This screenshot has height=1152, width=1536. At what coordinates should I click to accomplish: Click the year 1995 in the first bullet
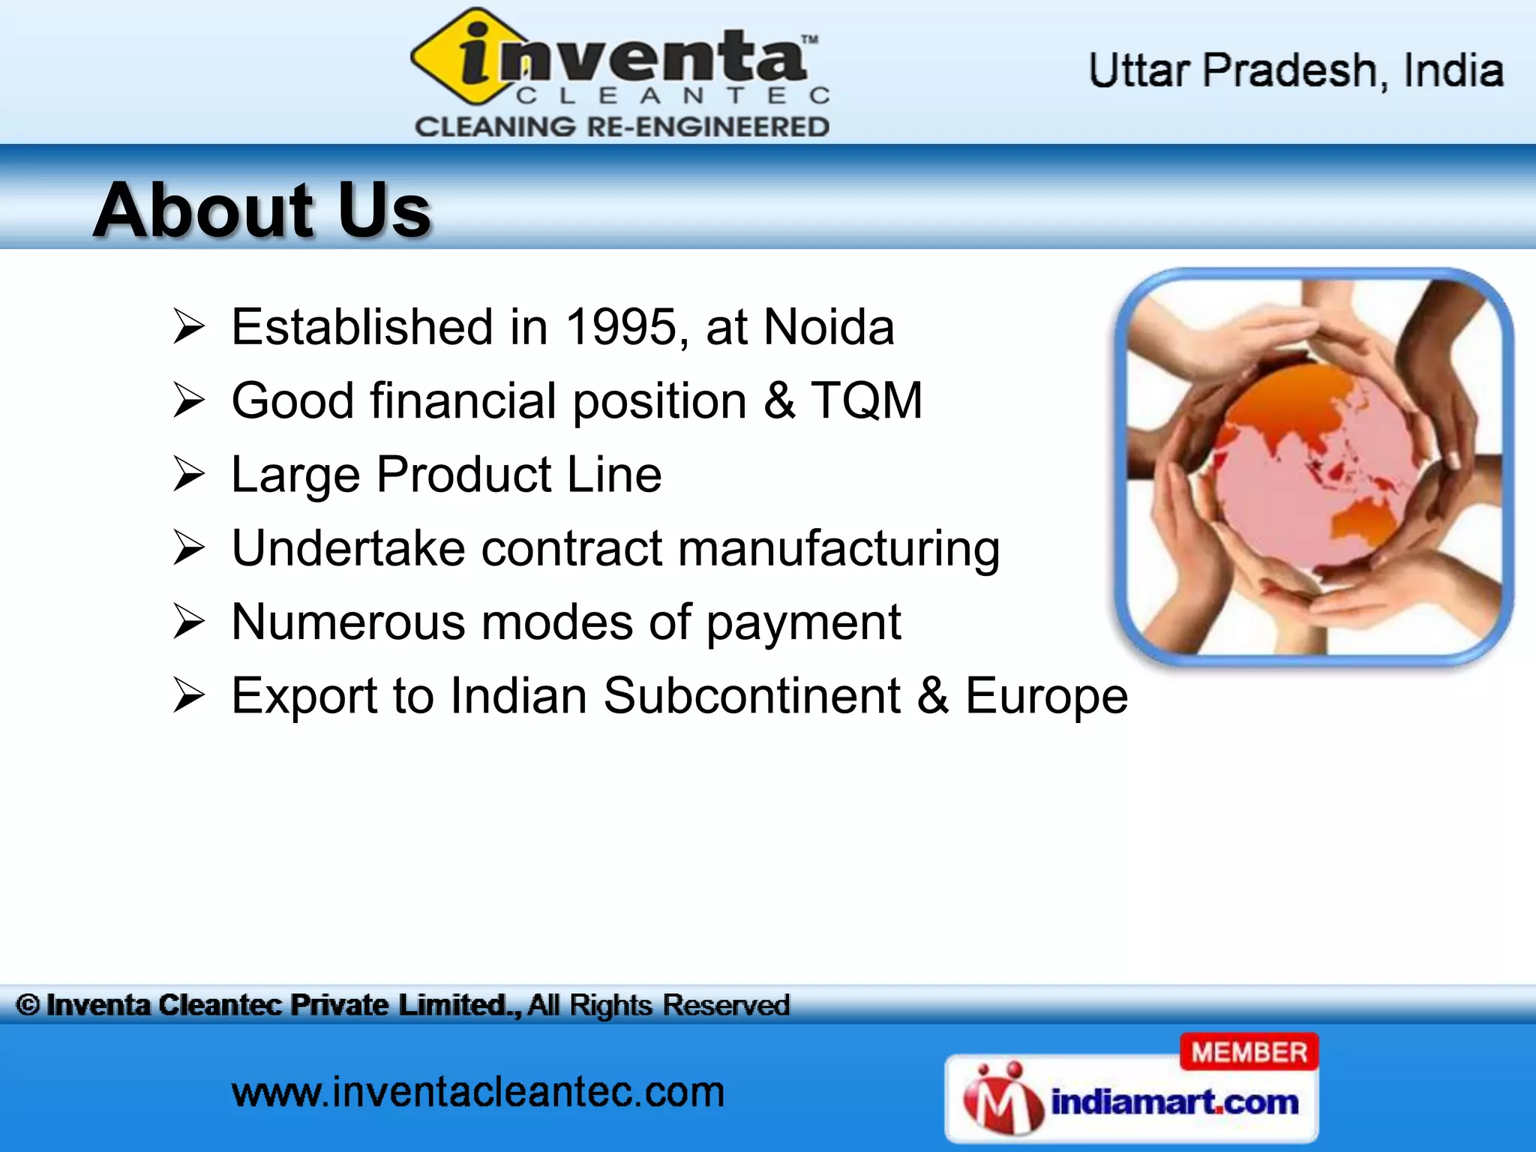click(x=621, y=327)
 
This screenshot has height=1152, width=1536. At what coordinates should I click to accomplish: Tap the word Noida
click(x=829, y=327)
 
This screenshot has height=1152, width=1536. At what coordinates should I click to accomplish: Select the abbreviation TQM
click(x=866, y=400)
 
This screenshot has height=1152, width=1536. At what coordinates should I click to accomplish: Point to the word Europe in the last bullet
click(x=1045, y=696)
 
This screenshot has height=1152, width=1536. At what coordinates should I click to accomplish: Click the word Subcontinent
click(x=751, y=696)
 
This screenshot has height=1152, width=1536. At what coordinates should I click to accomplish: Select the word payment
click(x=803, y=622)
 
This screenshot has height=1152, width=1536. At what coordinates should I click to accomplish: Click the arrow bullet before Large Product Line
click(x=188, y=475)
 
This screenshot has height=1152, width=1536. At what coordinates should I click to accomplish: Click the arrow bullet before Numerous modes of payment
click(x=188, y=622)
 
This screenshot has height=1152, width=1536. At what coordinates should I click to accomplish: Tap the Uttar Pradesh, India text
click(x=1295, y=71)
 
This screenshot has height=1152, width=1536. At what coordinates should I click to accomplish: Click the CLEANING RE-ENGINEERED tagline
click(x=622, y=127)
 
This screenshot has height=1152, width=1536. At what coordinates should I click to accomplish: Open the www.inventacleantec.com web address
click(x=478, y=1092)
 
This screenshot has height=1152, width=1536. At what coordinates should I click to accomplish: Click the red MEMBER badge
click(x=1249, y=1052)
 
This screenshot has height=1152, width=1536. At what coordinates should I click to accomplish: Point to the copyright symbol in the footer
click(x=28, y=1005)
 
